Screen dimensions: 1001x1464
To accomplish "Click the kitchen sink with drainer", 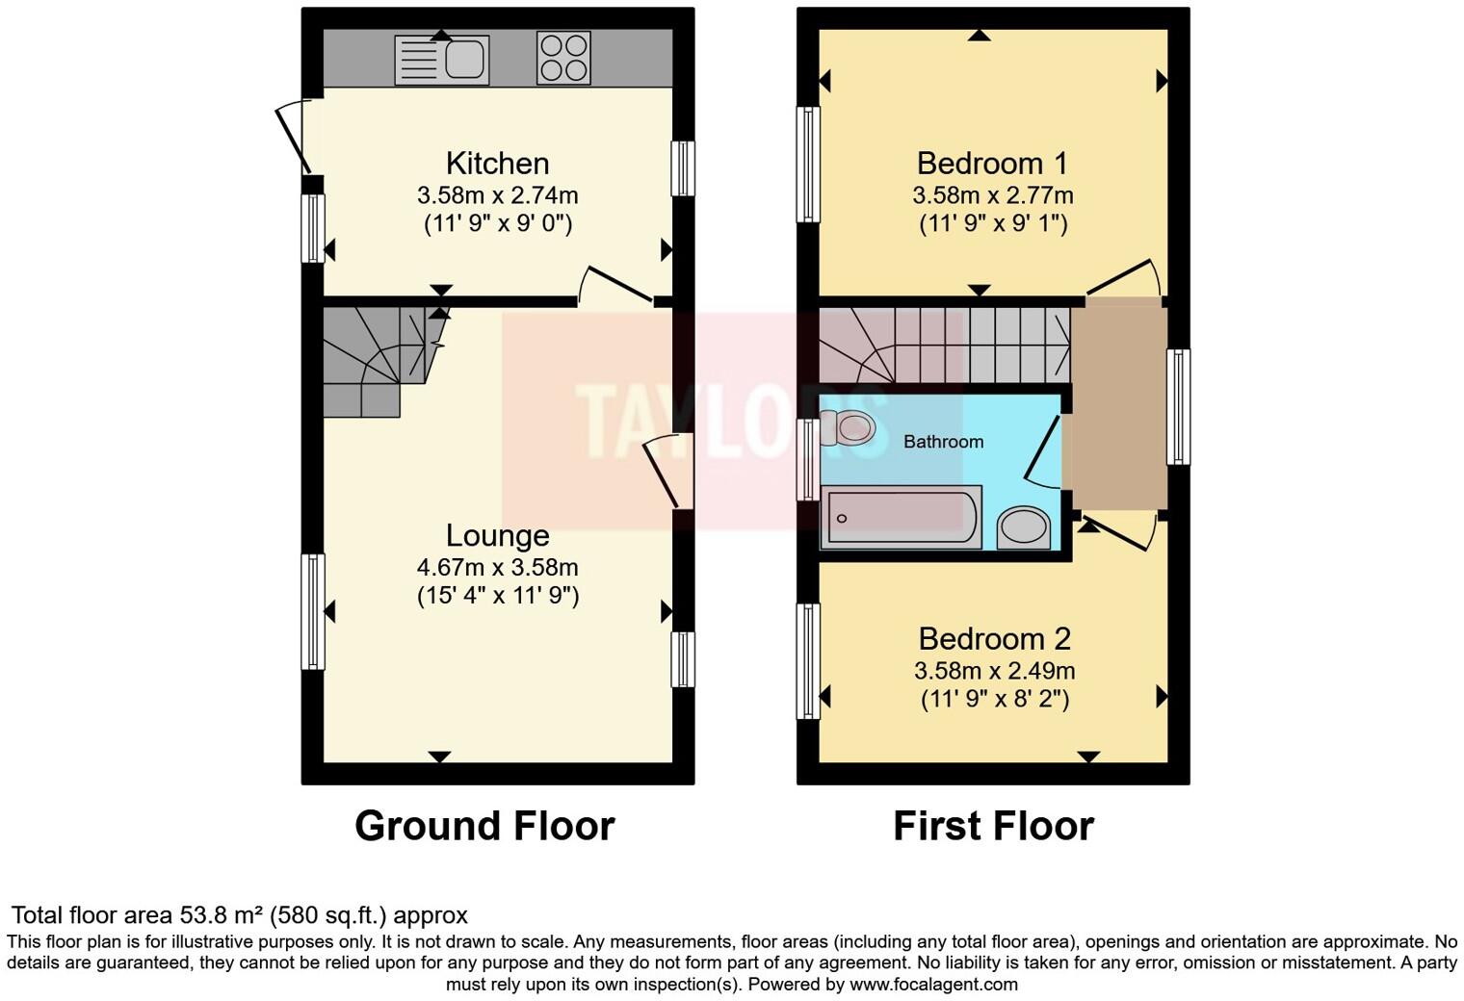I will tap(442, 60).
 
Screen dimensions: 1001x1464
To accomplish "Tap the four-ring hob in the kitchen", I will tap(563, 59).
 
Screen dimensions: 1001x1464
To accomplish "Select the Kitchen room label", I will tap(497, 163).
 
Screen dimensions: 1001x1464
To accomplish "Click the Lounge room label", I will tap(497, 535).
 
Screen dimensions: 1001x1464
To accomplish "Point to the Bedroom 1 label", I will tap(992, 163).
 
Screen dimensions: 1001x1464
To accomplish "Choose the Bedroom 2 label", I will tap(994, 638).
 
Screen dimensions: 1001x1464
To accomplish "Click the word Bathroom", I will tap(943, 442).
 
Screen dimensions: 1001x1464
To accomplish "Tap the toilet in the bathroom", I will tap(849, 426).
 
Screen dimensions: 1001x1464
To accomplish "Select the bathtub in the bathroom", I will tap(901, 518).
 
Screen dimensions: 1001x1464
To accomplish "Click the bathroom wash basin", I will tap(1025, 527).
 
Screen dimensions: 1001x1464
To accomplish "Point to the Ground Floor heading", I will tap(484, 826).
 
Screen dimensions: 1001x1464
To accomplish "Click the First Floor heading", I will tap(993, 826).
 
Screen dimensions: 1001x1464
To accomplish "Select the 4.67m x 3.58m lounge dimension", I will tap(497, 567).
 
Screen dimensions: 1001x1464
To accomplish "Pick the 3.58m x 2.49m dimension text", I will tap(994, 670).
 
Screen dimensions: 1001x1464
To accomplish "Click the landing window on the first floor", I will tap(1178, 406).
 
